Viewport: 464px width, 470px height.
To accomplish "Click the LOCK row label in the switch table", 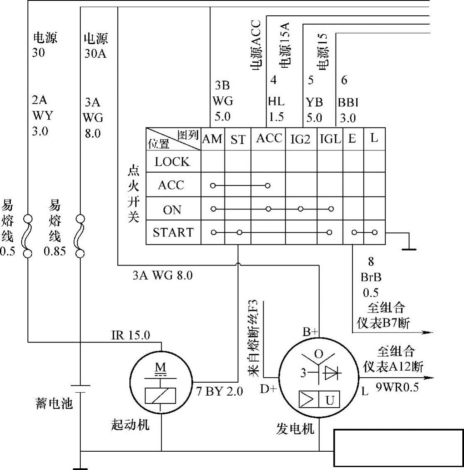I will point(172,162).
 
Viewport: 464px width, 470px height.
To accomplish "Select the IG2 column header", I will point(300,139).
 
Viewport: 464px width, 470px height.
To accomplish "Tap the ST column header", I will point(238,140).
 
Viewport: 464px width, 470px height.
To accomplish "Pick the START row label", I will point(173,232).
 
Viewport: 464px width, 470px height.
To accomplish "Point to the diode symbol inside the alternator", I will point(332,373).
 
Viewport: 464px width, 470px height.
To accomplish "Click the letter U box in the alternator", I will point(330,400).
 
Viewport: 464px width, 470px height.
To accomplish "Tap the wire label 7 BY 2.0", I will point(220,391).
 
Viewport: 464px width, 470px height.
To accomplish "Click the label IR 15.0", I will point(131,335).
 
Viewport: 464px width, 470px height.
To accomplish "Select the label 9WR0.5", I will point(397,387).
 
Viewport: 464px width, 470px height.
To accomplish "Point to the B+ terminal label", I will point(310,331).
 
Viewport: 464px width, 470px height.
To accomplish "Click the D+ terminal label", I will point(268,389).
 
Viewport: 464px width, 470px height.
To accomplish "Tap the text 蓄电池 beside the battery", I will point(54,403).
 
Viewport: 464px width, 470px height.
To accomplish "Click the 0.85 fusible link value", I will point(55,251).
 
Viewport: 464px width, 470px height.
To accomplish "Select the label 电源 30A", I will point(95,46).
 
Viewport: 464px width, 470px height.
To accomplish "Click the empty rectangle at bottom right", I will point(398,448).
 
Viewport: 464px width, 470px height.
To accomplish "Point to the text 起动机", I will point(130,424).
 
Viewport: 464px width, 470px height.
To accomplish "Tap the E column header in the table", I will point(352,139).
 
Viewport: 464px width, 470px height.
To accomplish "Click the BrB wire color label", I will point(371,277).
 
